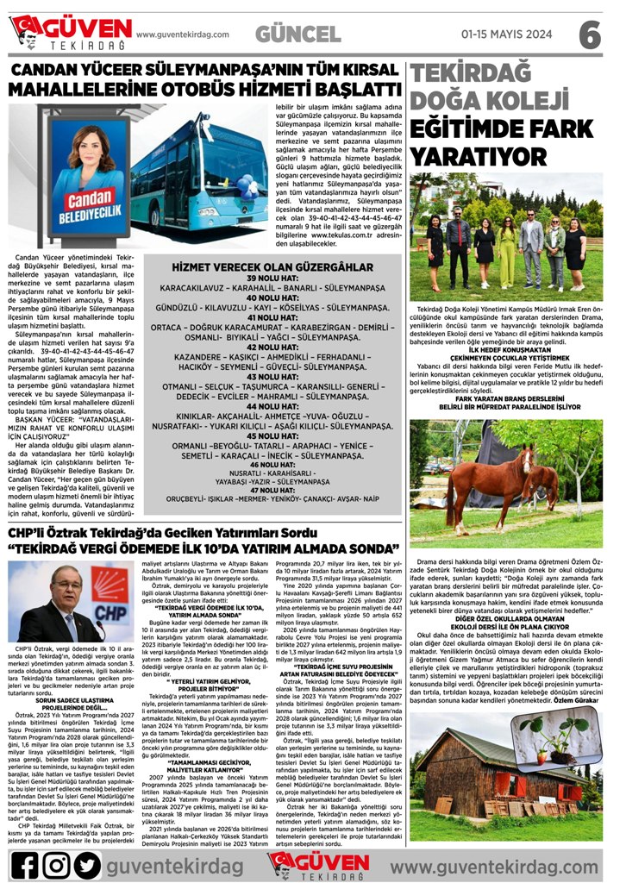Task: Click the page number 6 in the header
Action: point(589,34)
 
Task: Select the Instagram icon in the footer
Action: point(56,863)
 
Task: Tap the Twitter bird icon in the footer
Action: point(86,863)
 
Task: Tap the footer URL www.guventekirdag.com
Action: point(506,864)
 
